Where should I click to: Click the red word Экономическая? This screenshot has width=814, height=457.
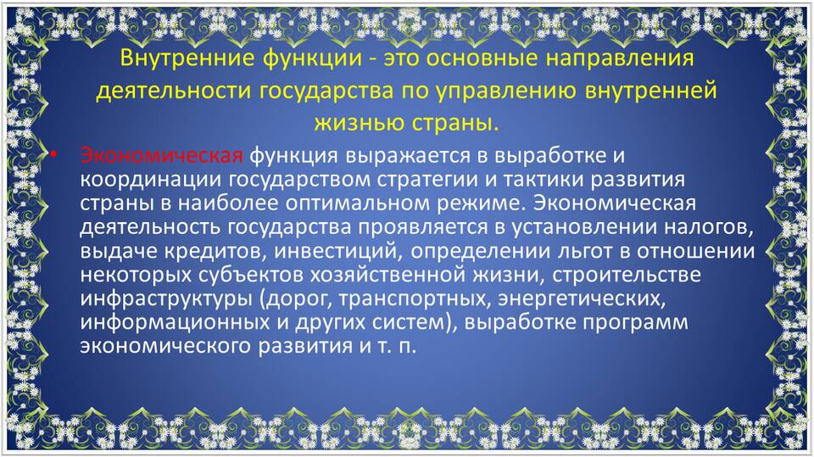161,155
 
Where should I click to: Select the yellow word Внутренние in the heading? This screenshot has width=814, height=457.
188,58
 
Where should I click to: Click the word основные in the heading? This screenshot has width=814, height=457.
486,58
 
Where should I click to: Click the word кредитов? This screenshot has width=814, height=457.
215,252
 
